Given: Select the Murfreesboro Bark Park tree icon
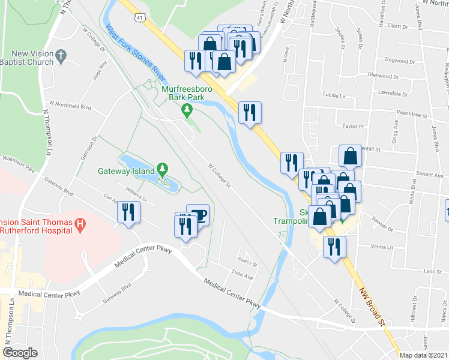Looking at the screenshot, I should (x=187, y=109).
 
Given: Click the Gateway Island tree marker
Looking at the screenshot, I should (x=161, y=170).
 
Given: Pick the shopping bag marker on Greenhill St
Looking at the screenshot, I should (x=350, y=157).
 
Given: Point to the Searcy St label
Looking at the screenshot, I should (x=247, y=263).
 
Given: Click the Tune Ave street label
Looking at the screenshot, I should (x=242, y=275).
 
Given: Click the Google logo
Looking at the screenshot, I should (x=20, y=353).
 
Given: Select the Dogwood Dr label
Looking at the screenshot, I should (x=400, y=61).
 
